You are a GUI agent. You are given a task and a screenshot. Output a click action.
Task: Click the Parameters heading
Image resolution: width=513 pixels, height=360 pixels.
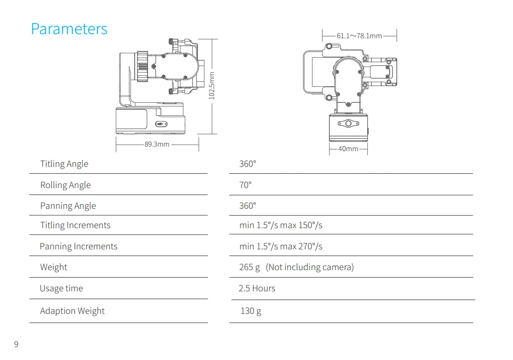point(69,29)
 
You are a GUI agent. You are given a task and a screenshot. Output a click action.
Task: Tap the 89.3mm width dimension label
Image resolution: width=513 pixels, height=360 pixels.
point(157,144)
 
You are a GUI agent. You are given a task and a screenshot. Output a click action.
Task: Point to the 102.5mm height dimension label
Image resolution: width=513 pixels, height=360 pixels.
point(212,86)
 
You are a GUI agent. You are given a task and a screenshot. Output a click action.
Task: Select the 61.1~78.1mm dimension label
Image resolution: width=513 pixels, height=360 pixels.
point(359,35)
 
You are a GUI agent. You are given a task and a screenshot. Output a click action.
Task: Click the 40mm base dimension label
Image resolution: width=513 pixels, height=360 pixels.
point(348,149)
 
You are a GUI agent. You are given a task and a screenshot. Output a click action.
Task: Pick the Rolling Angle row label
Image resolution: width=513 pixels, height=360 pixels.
point(66,185)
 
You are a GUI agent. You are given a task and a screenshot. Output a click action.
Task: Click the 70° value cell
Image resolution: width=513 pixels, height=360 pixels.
point(245,185)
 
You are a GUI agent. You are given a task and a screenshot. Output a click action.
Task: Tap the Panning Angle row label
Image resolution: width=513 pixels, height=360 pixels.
point(68,206)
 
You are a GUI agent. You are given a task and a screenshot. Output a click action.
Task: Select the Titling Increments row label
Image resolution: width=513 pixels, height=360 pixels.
point(75,225)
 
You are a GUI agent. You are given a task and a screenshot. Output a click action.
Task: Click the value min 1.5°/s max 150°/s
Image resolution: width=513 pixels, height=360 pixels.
point(280,225)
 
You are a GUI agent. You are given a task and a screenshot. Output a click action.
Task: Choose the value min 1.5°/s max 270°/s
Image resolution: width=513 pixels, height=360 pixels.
point(280,246)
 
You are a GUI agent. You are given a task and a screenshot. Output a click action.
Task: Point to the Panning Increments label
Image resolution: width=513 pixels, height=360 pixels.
point(78,246)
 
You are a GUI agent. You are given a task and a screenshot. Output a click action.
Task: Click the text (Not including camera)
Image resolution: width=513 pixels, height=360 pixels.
point(310,267)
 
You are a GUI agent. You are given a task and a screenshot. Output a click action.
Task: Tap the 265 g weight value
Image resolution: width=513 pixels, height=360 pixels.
point(249,267)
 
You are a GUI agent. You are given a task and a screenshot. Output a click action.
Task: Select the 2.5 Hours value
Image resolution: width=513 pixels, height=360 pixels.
point(257,289)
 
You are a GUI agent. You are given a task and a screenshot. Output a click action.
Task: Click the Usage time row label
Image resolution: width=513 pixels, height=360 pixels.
point(61,289)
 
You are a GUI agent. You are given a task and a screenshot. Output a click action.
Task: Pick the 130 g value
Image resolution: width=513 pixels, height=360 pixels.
point(251,311)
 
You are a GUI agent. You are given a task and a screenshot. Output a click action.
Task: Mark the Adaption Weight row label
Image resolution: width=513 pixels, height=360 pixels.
point(72,311)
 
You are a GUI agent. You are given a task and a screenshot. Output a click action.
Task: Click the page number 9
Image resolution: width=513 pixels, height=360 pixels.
point(16,344)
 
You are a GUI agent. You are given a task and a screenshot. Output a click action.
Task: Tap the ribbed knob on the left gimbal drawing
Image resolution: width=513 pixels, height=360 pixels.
point(142,66)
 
